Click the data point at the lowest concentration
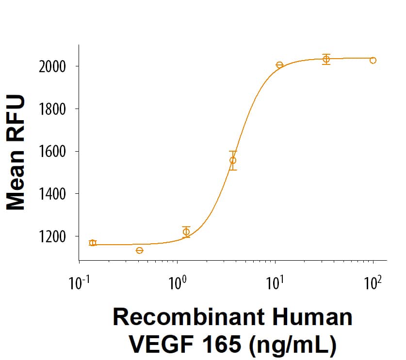93,243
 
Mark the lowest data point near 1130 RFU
140,250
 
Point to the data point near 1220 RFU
186,232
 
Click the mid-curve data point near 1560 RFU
233,160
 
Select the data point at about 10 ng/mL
279,65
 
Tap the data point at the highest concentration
373,60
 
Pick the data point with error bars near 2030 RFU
326,59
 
